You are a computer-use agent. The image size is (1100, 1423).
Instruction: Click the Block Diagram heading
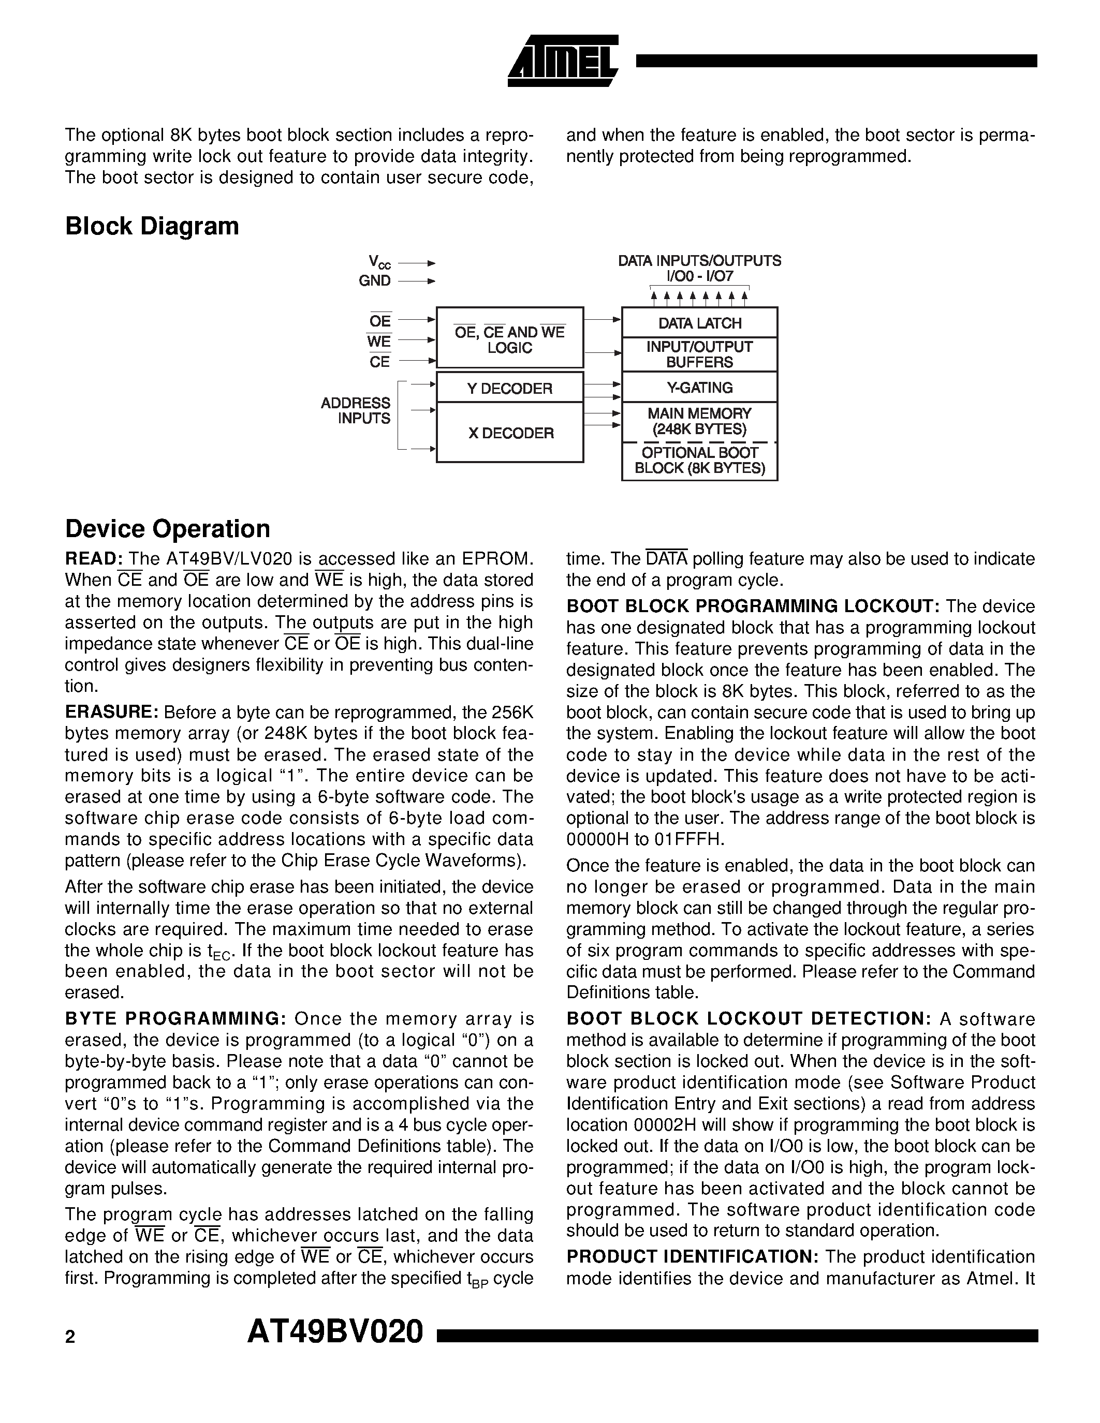pyautogui.click(x=152, y=226)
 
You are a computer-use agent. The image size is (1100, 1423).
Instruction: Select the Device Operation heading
pyautogui.click(x=168, y=528)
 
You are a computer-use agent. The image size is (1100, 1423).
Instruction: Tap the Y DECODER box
pyautogui.click(x=509, y=388)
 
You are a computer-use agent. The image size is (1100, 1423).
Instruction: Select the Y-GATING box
pyautogui.click(x=699, y=388)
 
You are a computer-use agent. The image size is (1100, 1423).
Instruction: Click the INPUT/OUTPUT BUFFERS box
pyautogui.click(x=699, y=354)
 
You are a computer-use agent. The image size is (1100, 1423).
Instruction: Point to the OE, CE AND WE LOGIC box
pyautogui.click(x=509, y=339)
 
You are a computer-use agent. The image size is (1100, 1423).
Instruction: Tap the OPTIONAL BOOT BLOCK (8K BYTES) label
pyautogui.click(x=699, y=460)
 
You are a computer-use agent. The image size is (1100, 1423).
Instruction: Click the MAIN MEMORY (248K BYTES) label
pyautogui.click(x=699, y=421)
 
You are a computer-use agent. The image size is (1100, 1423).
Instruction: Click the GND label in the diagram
pyautogui.click(x=375, y=281)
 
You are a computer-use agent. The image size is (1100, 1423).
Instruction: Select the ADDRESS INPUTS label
pyautogui.click(x=356, y=410)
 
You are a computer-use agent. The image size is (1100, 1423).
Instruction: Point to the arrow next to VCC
pyautogui.click(x=416, y=263)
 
